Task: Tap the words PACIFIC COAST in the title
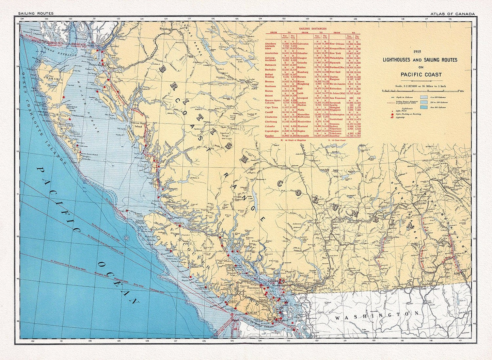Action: coord(421,75)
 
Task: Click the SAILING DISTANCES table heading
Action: coord(313,29)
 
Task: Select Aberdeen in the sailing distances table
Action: coord(271,44)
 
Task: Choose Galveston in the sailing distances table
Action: coord(303,44)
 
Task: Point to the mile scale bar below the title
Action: coord(420,91)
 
